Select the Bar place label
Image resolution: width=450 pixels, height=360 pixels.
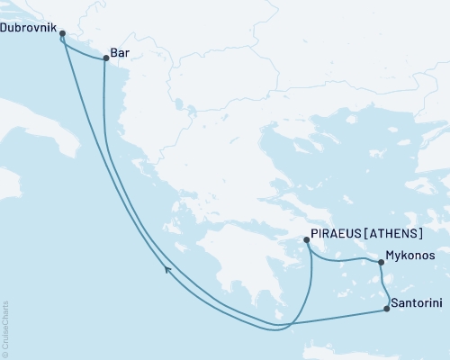(121, 51)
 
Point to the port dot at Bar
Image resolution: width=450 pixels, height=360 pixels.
(105, 58)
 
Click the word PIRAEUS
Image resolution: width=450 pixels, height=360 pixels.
(335, 231)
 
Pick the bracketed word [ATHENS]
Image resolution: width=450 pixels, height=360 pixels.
(392, 231)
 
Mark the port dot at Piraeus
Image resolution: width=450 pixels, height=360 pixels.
(307, 239)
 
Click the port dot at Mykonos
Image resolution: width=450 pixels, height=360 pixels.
(382, 263)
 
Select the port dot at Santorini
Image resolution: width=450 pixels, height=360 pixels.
(387, 310)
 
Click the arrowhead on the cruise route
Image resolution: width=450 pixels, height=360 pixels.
(167, 268)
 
